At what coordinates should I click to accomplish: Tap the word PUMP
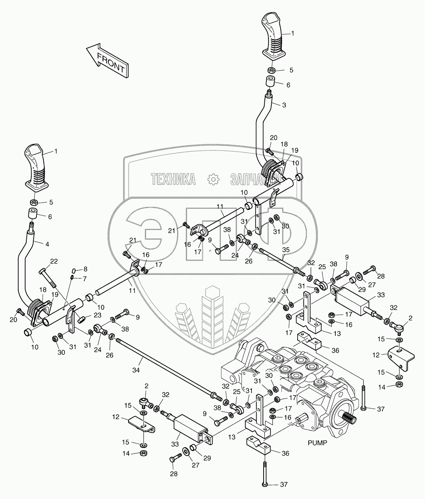coord(317,443)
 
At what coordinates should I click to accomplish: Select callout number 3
coord(283,105)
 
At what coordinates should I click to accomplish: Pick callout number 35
coord(286,250)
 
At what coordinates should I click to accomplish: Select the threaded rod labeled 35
coord(280,260)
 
